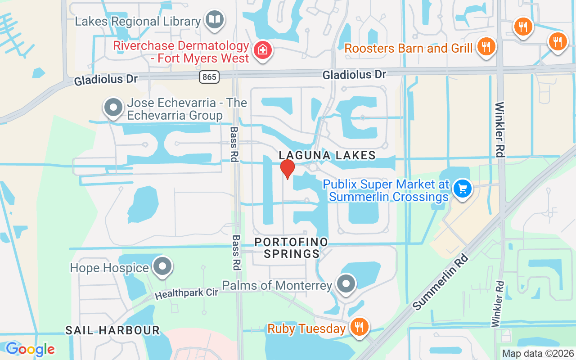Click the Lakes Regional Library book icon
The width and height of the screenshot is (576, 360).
point(215,20)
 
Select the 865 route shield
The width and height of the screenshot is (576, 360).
point(209,77)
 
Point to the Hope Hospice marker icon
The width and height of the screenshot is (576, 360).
point(162,266)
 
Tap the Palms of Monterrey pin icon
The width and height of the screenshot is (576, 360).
point(346,283)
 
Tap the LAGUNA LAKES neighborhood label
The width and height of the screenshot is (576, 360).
point(327,155)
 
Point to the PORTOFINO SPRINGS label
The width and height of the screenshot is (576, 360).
point(291,248)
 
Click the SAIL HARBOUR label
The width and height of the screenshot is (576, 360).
point(112,330)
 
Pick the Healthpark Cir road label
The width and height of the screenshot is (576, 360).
point(187,293)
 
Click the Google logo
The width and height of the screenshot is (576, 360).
point(30,349)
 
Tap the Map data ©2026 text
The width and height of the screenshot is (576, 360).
point(538,353)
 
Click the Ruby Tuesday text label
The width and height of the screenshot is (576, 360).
point(306,329)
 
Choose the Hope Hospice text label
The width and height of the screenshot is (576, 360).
point(109,268)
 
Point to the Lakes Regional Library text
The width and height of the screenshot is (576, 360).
point(138,21)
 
